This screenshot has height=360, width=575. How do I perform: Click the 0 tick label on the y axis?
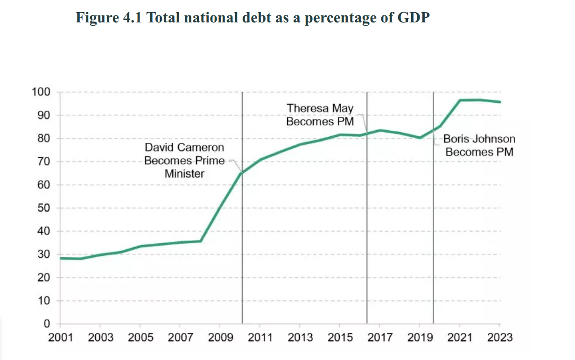[x=46, y=324]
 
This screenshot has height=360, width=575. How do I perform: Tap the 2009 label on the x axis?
[x=220, y=337]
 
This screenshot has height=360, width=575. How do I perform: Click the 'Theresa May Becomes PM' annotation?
[x=320, y=115]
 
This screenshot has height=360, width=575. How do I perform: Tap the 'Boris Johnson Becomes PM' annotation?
[x=479, y=145]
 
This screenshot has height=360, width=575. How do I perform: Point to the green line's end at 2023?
[x=500, y=102]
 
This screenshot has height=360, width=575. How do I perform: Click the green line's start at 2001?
[x=61, y=258]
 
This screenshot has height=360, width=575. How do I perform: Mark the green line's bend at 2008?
[x=200, y=241]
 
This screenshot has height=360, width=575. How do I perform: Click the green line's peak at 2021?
[x=460, y=100]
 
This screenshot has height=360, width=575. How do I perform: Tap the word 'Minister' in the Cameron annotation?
[x=184, y=174]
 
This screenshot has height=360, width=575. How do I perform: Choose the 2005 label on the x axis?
[x=140, y=337]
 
